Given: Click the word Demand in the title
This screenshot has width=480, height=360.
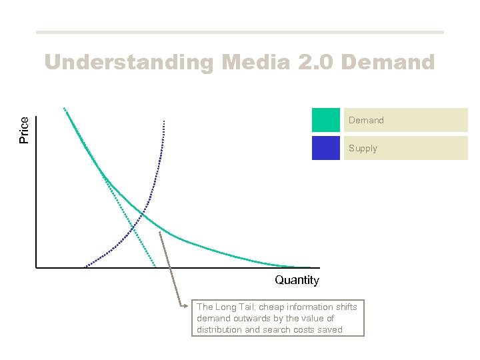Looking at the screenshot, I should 388,63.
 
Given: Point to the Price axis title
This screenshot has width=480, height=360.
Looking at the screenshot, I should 24,130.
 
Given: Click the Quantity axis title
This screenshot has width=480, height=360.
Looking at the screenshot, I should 297,280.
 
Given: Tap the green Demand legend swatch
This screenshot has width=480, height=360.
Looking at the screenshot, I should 325,120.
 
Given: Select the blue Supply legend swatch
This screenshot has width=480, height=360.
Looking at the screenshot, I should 325,148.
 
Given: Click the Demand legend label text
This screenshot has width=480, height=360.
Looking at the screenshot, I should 366,121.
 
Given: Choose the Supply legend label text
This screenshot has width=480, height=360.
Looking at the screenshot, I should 363,149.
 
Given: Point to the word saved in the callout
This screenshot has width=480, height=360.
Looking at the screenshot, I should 330,329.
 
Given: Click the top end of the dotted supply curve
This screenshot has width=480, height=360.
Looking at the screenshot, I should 163,121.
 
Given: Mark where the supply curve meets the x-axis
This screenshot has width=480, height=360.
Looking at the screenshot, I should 85,267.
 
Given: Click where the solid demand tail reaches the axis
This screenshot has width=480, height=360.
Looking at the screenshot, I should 308,267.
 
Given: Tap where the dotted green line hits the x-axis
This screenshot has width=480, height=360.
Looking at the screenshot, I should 155,267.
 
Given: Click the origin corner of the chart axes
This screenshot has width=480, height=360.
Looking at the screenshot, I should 36,268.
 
